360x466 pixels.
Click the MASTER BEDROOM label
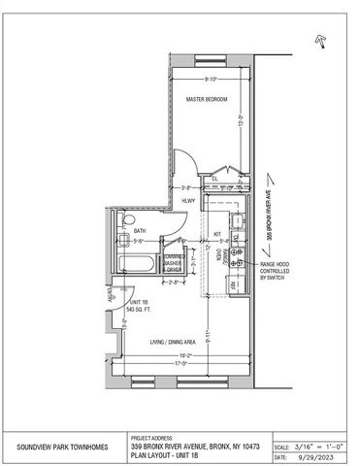pyautogui.click(x=207, y=99)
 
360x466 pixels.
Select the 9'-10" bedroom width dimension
pyautogui.click(x=209, y=79)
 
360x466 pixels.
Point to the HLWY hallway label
pyautogui.click(x=188, y=201)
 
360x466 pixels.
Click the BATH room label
pyautogui.click(x=140, y=231)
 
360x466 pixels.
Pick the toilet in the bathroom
pyautogui.click(x=122, y=243)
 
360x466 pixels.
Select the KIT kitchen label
pyautogui.click(x=218, y=233)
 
